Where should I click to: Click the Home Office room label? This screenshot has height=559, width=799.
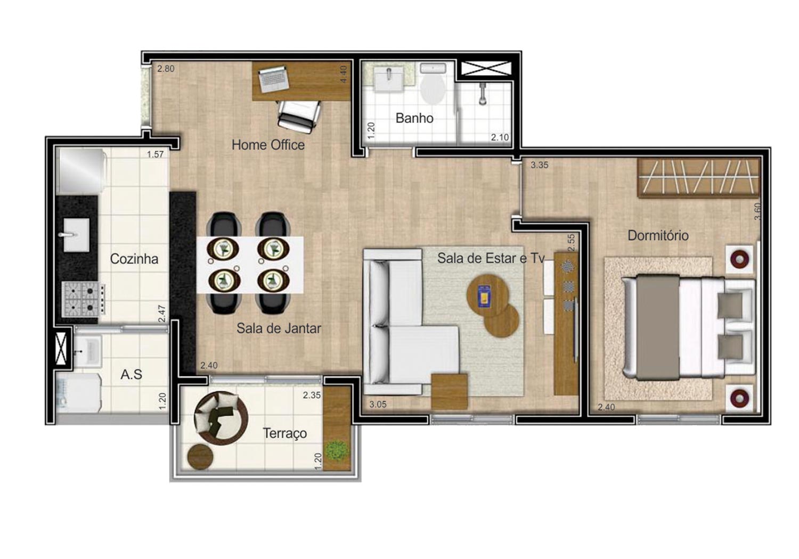(x=268, y=145)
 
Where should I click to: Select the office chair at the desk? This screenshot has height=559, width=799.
(x=299, y=117)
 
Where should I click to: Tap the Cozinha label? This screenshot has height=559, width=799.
(x=134, y=259)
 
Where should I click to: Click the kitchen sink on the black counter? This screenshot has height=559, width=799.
(x=76, y=235)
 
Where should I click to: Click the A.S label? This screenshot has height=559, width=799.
(x=131, y=374)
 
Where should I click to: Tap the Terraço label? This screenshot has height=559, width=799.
(x=284, y=433)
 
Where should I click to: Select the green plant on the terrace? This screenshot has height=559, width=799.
(x=337, y=450)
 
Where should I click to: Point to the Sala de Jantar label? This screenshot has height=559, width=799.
(x=279, y=328)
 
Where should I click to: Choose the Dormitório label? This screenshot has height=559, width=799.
(x=658, y=235)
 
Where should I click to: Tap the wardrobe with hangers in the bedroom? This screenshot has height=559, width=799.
(x=699, y=177)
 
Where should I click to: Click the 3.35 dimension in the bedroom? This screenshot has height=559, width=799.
(x=539, y=165)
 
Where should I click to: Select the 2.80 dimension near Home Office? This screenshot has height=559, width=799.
(x=166, y=69)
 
